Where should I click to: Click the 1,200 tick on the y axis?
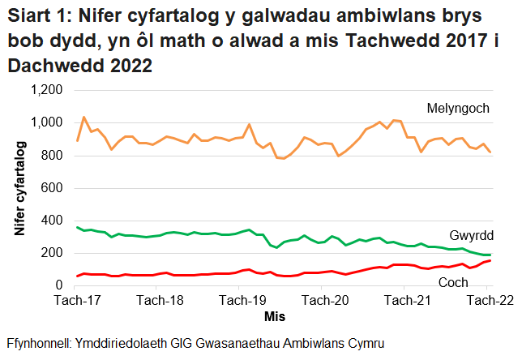46,91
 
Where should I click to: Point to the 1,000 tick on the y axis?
46,123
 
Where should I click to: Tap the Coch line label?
453,281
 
